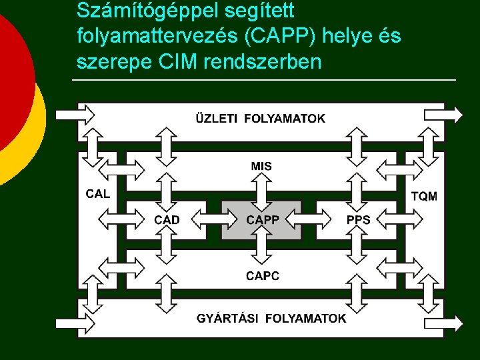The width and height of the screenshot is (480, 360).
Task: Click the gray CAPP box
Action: [261, 219]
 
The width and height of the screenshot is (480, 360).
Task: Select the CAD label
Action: [167, 219]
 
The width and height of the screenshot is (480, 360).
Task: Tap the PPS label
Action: [358, 219]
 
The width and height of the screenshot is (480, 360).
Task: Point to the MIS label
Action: [261, 166]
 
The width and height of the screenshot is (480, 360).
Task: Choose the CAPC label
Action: [262, 275]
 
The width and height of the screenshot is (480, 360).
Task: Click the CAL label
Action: [98, 195]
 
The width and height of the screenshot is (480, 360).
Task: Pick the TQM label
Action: [425, 196]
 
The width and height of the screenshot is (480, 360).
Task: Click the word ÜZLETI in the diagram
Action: [217, 119]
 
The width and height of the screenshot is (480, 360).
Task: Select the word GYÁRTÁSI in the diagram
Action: [228, 318]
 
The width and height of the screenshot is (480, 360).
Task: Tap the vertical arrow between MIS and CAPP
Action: [261, 189]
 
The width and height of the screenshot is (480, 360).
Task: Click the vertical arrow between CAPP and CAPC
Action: [261, 251]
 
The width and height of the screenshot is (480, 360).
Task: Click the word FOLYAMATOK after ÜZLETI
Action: [285, 119]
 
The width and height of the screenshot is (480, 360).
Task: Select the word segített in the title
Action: [256, 12]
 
